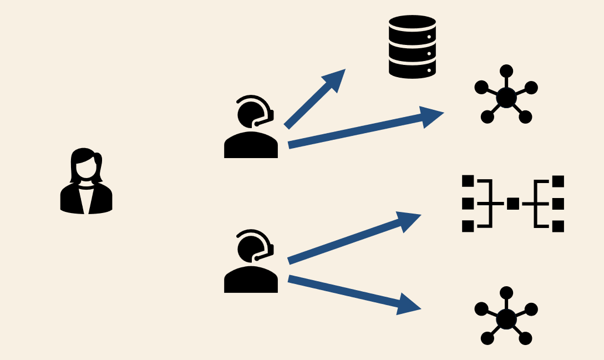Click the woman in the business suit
[86, 183]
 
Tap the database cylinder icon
[412, 47]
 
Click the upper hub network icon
[506, 97]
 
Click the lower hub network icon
[506, 318]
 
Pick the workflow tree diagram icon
[513, 204]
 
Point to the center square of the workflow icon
[513, 204]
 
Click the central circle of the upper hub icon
[506, 98]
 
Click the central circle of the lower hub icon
[506, 320]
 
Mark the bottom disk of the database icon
[412, 69]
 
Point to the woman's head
[85, 164]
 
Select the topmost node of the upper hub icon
[506, 71]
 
